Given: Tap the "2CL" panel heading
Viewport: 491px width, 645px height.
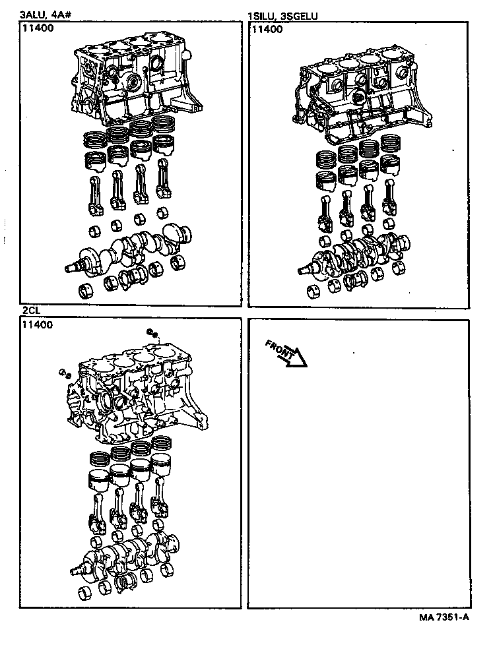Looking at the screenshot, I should (x=31, y=311).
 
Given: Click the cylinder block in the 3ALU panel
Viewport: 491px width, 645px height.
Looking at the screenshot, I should (x=132, y=82).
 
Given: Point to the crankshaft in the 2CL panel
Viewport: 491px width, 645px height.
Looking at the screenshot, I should (x=129, y=551).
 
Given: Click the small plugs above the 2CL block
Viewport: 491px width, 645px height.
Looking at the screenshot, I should (x=152, y=334).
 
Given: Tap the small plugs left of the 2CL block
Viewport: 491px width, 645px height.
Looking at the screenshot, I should (x=65, y=373).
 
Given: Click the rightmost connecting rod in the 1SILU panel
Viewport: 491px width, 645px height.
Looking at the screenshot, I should (x=389, y=201).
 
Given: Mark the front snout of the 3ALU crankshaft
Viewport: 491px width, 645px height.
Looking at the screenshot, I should (x=74, y=267).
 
